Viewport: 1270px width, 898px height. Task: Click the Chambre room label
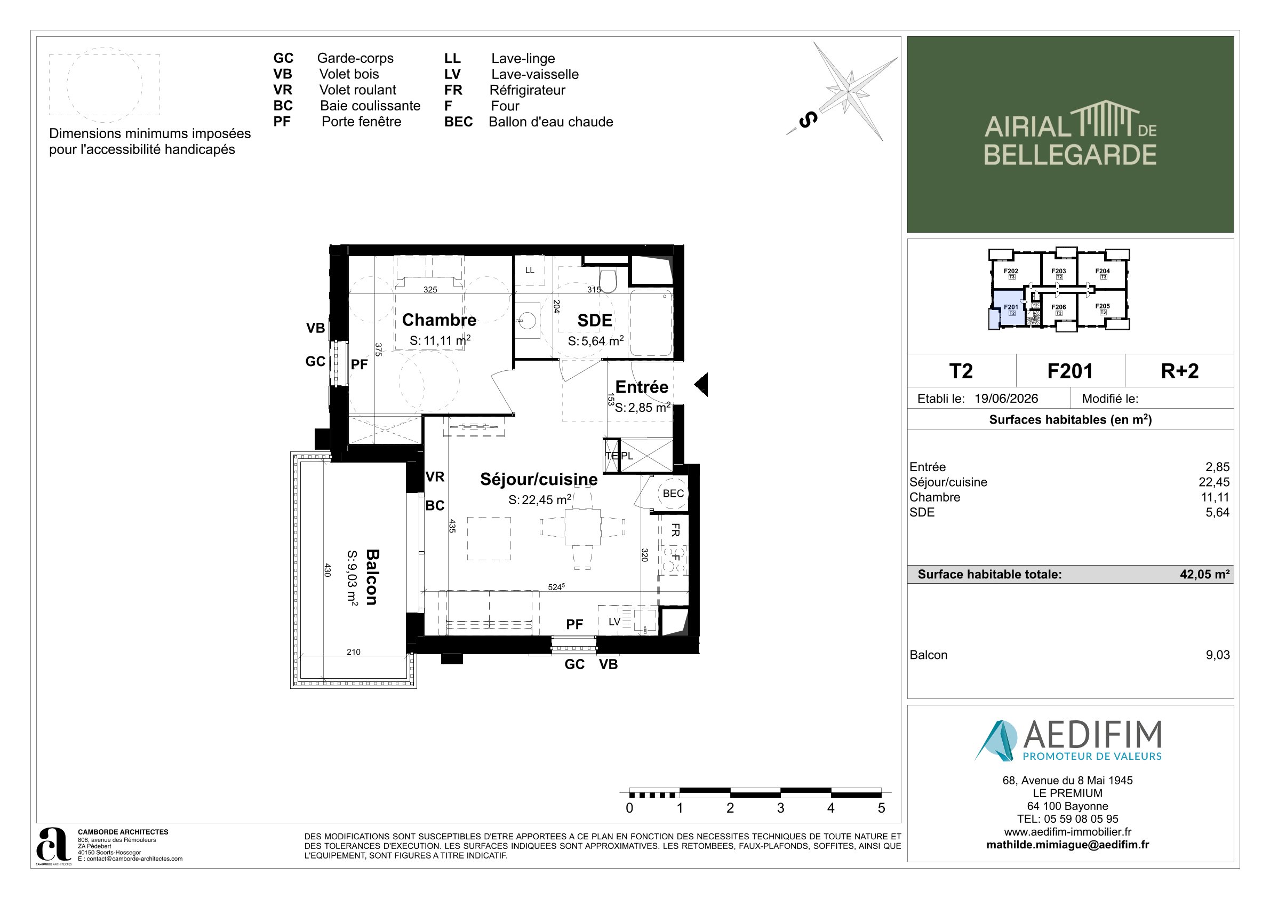(439, 320)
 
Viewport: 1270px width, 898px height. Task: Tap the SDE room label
(595, 320)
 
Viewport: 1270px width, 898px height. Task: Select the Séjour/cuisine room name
(539, 479)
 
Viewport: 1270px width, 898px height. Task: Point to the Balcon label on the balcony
(372, 577)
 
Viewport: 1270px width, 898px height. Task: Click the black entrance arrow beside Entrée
(701, 385)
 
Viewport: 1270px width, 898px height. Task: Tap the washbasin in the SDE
(526, 320)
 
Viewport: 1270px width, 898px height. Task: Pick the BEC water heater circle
(673, 494)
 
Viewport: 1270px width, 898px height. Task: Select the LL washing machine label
(530, 270)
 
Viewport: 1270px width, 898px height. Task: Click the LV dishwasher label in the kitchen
(614, 622)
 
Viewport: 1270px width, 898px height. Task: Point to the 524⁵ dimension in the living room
(556, 587)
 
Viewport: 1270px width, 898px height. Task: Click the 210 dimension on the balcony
(354, 652)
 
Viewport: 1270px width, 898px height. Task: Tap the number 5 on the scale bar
(881, 808)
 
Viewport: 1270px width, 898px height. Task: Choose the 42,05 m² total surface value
(1205, 574)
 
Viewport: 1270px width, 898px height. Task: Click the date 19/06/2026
(1006, 399)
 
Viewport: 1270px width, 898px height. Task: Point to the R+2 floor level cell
(1179, 371)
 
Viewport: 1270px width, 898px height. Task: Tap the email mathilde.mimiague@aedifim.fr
(1067, 845)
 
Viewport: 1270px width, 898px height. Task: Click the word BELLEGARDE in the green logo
(1070, 154)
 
